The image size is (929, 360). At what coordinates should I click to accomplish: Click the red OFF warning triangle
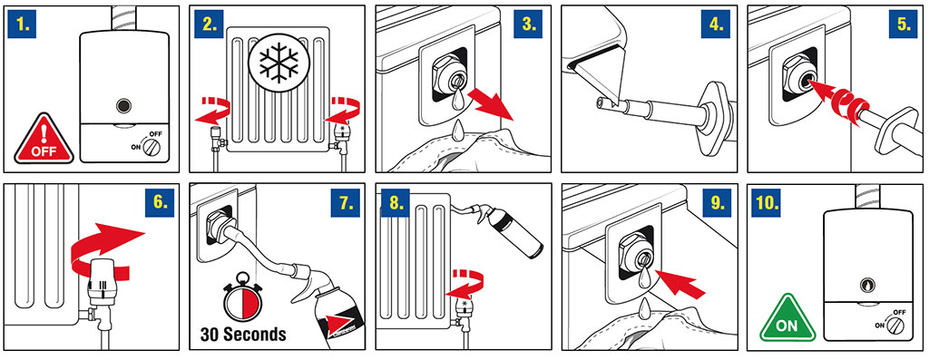click(44, 141)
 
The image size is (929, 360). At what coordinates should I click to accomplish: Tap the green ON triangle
click(787, 319)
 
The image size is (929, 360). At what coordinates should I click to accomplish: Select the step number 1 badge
click(23, 24)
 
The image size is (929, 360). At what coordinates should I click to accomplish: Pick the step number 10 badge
click(768, 203)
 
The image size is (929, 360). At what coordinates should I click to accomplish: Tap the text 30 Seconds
click(243, 335)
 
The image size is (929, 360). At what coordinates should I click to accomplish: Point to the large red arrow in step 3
click(491, 108)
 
